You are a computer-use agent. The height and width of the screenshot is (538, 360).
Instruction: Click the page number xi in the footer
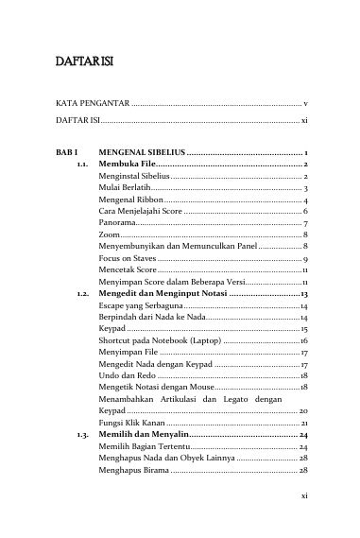click(302, 521)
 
